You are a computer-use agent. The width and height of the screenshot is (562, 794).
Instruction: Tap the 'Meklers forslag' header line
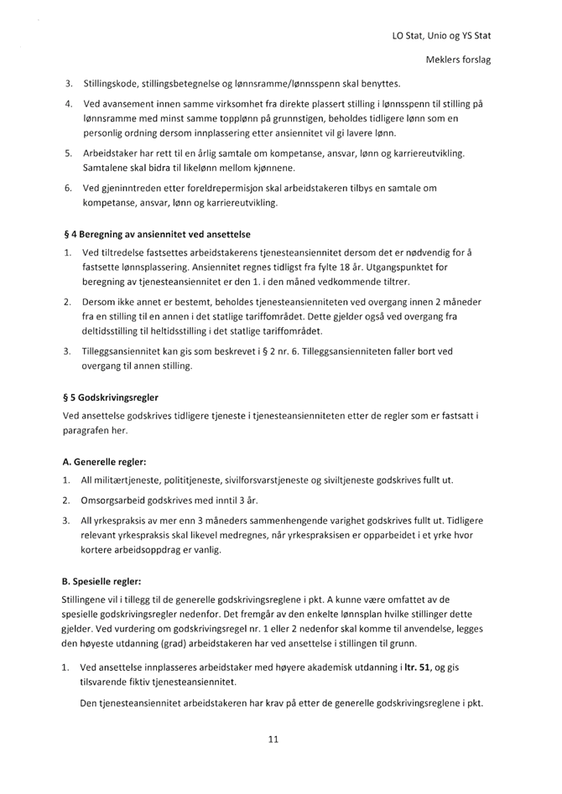(x=459, y=60)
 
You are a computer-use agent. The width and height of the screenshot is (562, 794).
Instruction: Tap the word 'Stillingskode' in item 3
(x=115, y=84)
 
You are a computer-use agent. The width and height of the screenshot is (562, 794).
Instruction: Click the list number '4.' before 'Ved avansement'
(x=70, y=103)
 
